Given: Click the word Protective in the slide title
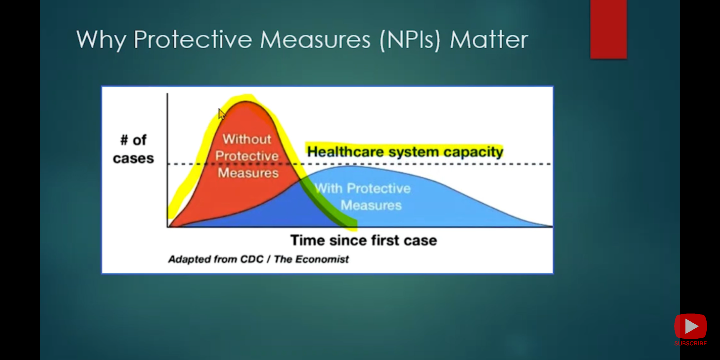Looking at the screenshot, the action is pyautogui.click(x=193, y=39).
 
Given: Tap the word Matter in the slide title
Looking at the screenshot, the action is pyautogui.click(x=489, y=39).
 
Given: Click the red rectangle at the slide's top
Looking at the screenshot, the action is pyautogui.click(x=608, y=29).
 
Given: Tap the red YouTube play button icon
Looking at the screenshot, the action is pyautogui.click(x=690, y=326).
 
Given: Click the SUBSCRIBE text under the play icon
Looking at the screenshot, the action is pyautogui.click(x=690, y=343).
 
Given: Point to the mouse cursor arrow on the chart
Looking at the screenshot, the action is pyautogui.click(x=222, y=114).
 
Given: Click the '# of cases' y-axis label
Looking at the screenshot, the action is pyautogui.click(x=133, y=149).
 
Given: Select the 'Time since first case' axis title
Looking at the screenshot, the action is pyautogui.click(x=364, y=240).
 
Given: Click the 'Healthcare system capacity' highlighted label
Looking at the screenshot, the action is pyautogui.click(x=405, y=152).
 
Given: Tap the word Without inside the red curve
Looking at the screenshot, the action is pyautogui.click(x=247, y=139).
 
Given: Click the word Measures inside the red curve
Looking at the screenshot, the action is pyautogui.click(x=248, y=173).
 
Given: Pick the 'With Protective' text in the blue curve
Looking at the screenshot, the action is pyautogui.click(x=363, y=188).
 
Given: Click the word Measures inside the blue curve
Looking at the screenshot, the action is pyautogui.click(x=371, y=205).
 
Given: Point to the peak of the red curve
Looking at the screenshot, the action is pyautogui.click(x=246, y=101).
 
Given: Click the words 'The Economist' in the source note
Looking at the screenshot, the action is pyautogui.click(x=311, y=259).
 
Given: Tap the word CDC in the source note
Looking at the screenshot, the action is pyautogui.click(x=252, y=259).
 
